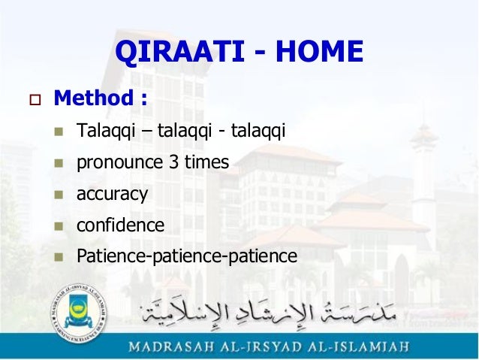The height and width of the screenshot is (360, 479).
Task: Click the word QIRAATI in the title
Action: point(180,52)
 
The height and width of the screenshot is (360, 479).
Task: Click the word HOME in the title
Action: point(320,52)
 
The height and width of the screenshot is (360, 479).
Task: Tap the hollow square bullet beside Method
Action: point(35,100)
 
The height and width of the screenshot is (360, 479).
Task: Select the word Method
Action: point(94,98)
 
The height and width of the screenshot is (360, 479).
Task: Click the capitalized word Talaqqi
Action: point(106,130)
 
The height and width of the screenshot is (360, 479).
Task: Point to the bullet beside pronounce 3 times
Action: point(59,163)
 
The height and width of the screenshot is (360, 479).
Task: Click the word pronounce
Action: point(119,163)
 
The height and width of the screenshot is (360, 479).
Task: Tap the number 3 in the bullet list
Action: point(173,162)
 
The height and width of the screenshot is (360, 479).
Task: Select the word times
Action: point(206,162)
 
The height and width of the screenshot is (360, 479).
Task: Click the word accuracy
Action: point(112,194)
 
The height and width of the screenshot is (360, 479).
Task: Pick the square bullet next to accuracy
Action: point(59,195)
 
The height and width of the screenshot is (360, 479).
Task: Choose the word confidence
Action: point(120,225)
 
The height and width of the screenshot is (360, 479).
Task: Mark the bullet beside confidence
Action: point(59,226)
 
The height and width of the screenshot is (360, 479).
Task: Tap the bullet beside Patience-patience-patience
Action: point(59,258)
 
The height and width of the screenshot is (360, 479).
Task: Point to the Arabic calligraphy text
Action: point(268,313)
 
